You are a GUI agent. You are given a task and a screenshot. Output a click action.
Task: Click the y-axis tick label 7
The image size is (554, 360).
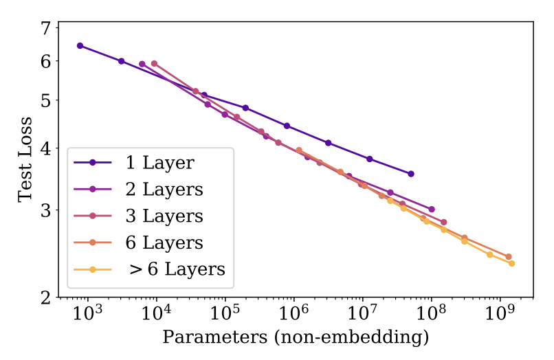(x=45, y=29)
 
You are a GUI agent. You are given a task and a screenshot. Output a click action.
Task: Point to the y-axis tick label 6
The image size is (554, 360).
(x=45, y=61)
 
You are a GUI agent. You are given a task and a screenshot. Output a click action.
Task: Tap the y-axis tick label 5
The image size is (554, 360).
(x=45, y=100)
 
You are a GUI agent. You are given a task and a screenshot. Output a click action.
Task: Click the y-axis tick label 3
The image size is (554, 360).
(x=45, y=210)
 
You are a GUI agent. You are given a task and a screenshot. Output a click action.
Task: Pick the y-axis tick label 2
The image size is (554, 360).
(x=45, y=297)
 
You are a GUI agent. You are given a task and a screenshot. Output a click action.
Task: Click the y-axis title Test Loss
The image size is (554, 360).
(x=25, y=162)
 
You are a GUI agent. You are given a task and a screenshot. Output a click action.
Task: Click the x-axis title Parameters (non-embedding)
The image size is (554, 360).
(x=296, y=338)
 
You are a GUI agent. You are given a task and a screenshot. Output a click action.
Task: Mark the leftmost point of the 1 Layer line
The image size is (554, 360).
(x=80, y=46)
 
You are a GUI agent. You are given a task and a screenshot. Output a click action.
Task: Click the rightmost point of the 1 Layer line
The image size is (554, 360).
(x=411, y=174)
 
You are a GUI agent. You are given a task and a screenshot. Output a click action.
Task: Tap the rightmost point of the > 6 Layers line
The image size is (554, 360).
(x=511, y=263)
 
